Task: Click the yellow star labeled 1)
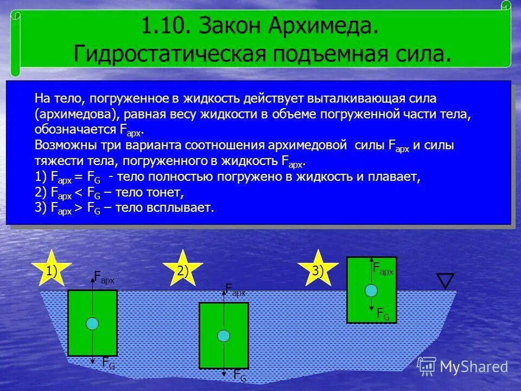[x=52, y=269]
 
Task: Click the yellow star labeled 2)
[x=183, y=269]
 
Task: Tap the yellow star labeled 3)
[x=318, y=269]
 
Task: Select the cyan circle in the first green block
[x=92, y=324]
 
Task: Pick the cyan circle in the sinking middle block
[x=224, y=336]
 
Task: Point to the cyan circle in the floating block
[x=371, y=289]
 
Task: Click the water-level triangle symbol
[x=445, y=281]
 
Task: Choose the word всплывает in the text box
[x=183, y=208]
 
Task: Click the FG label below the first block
[x=109, y=364]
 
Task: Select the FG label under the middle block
[x=239, y=375]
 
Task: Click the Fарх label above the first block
[x=104, y=279]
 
